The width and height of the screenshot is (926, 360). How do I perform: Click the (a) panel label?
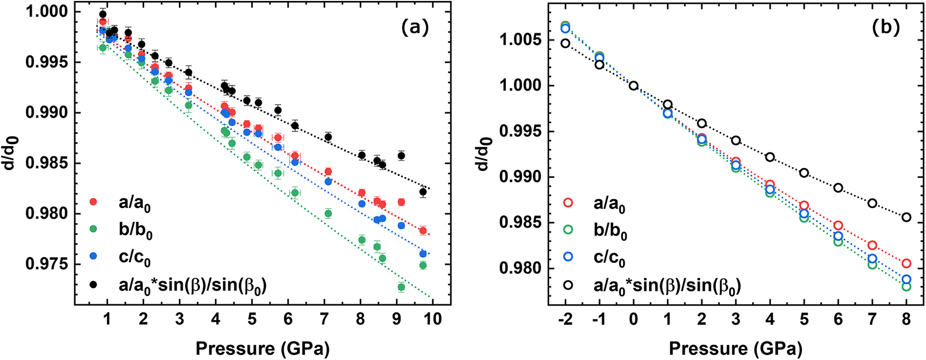414,27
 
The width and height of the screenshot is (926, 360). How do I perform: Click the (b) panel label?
885,27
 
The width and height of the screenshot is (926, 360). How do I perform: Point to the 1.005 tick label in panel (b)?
520,40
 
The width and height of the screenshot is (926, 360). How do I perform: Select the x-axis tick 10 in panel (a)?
433,319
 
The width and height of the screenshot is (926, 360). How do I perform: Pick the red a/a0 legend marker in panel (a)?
94,202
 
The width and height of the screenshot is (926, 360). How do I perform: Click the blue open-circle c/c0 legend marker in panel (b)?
568,256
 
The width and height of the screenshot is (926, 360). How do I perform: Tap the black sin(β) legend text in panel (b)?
667,285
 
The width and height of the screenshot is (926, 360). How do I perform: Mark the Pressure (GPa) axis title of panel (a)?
262,349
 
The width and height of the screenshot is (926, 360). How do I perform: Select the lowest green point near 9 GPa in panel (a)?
401,288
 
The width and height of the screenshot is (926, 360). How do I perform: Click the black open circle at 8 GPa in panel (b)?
906,217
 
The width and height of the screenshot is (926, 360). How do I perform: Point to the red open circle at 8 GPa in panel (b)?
906,264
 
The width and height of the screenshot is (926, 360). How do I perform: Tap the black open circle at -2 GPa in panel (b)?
565,44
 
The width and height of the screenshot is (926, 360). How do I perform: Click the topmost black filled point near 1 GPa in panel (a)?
103,14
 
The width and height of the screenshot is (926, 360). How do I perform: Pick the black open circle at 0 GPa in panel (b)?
634,86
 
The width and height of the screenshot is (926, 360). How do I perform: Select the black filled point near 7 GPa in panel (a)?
328,137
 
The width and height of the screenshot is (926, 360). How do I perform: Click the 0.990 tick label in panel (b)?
520,177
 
